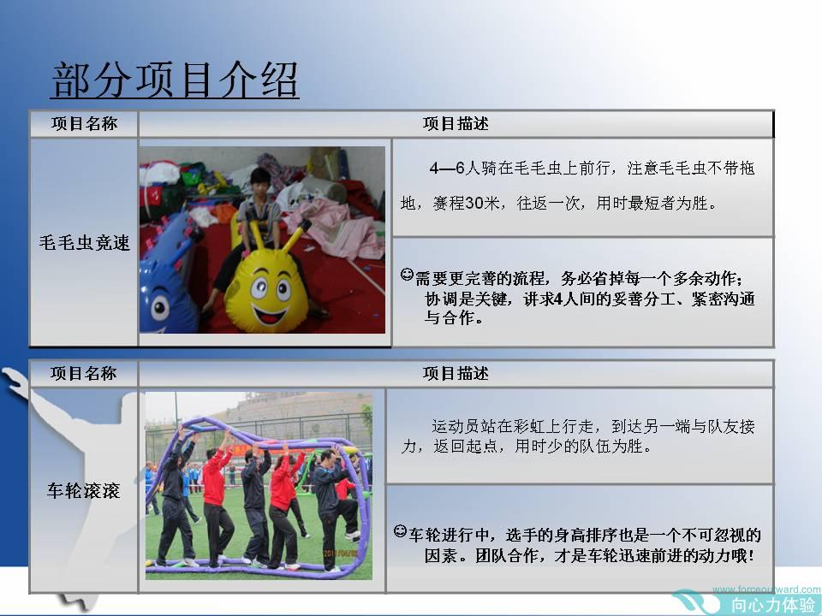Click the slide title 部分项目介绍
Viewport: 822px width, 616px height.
pyautogui.click(x=175, y=80)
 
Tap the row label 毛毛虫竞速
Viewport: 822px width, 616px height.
pyautogui.click(x=84, y=242)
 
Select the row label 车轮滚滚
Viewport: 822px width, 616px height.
pyautogui.click(x=83, y=491)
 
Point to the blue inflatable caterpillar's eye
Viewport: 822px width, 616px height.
pyautogui.click(x=160, y=307)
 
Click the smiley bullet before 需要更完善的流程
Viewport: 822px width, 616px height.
pyautogui.click(x=407, y=274)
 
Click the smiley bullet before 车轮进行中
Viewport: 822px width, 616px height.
pyautogui.click(x=400, y=531)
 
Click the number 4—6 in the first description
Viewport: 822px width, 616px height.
pyautogui.click(x=447, y=168)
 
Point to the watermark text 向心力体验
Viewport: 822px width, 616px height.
pyautogui.click(x=773, y=605)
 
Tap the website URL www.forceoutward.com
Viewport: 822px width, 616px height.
pyautogui.click(x=765, y=589)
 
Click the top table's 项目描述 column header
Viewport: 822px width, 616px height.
pyautogui.click(x=456, y=123)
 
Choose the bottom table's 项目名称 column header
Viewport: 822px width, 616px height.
pyautogui.click(x=83, y=374)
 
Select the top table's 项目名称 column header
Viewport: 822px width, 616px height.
pyautogui.click(x=84, y=123)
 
